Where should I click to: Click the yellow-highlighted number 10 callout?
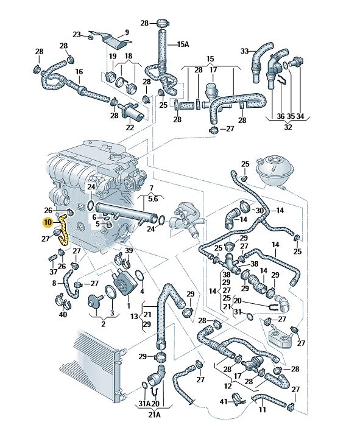click(x=48, y=223)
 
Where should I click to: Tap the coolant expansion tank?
click(x=275, y=171)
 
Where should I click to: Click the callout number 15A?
click(x=183, y=44)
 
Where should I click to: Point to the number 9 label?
click(x=127, y=32)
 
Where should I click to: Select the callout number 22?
click(x=130, y=127)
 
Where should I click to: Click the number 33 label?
click(x=245, y=51)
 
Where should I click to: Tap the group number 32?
click(x=288, y=127)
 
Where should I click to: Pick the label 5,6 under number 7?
click(x=153, y=198)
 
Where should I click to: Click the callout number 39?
click(x=129, y=251)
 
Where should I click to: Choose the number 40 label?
click(x=63, y=314)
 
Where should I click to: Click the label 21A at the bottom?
click(x=154, y=415)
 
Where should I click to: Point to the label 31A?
click(x=145, y=404)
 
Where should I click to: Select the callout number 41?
click(x=224, y=402)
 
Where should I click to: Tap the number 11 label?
click(x=262, y=410)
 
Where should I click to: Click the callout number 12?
click(x=228, y=386)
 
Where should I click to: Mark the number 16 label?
click(x=79, y=72)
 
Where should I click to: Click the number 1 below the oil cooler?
click(x=129, y=305)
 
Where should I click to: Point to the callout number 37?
click(x=53, y=272)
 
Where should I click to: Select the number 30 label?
click(x=260, y=210)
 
